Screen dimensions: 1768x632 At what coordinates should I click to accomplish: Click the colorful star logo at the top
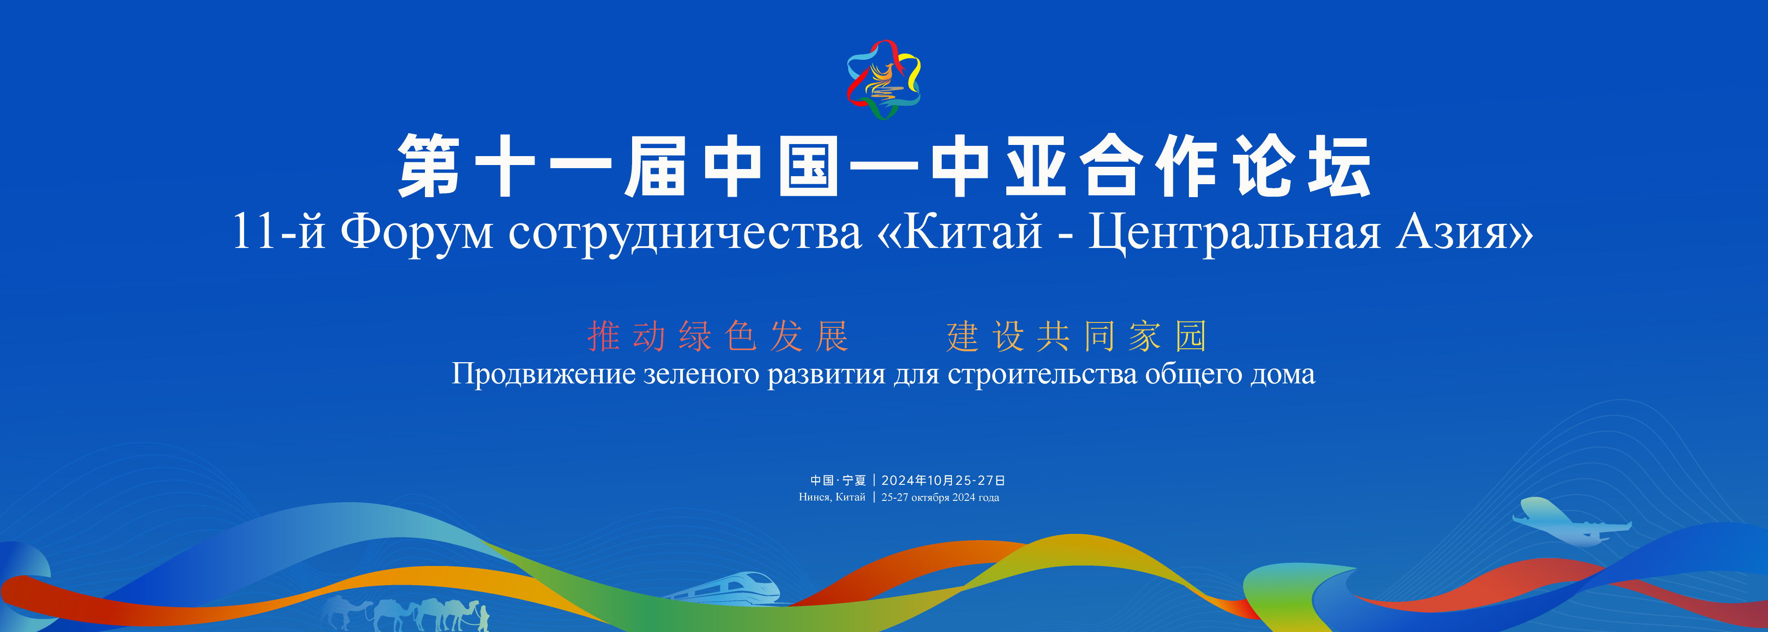click(x=884, y=79)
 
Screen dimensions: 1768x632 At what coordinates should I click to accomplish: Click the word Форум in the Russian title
click(x=416, y=233)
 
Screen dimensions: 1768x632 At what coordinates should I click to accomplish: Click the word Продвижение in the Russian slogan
click(x=543, y=374)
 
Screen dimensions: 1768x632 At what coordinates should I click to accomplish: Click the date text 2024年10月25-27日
click(x=943, y=480)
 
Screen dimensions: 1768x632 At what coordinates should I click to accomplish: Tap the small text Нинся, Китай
click(x=832, y=497)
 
